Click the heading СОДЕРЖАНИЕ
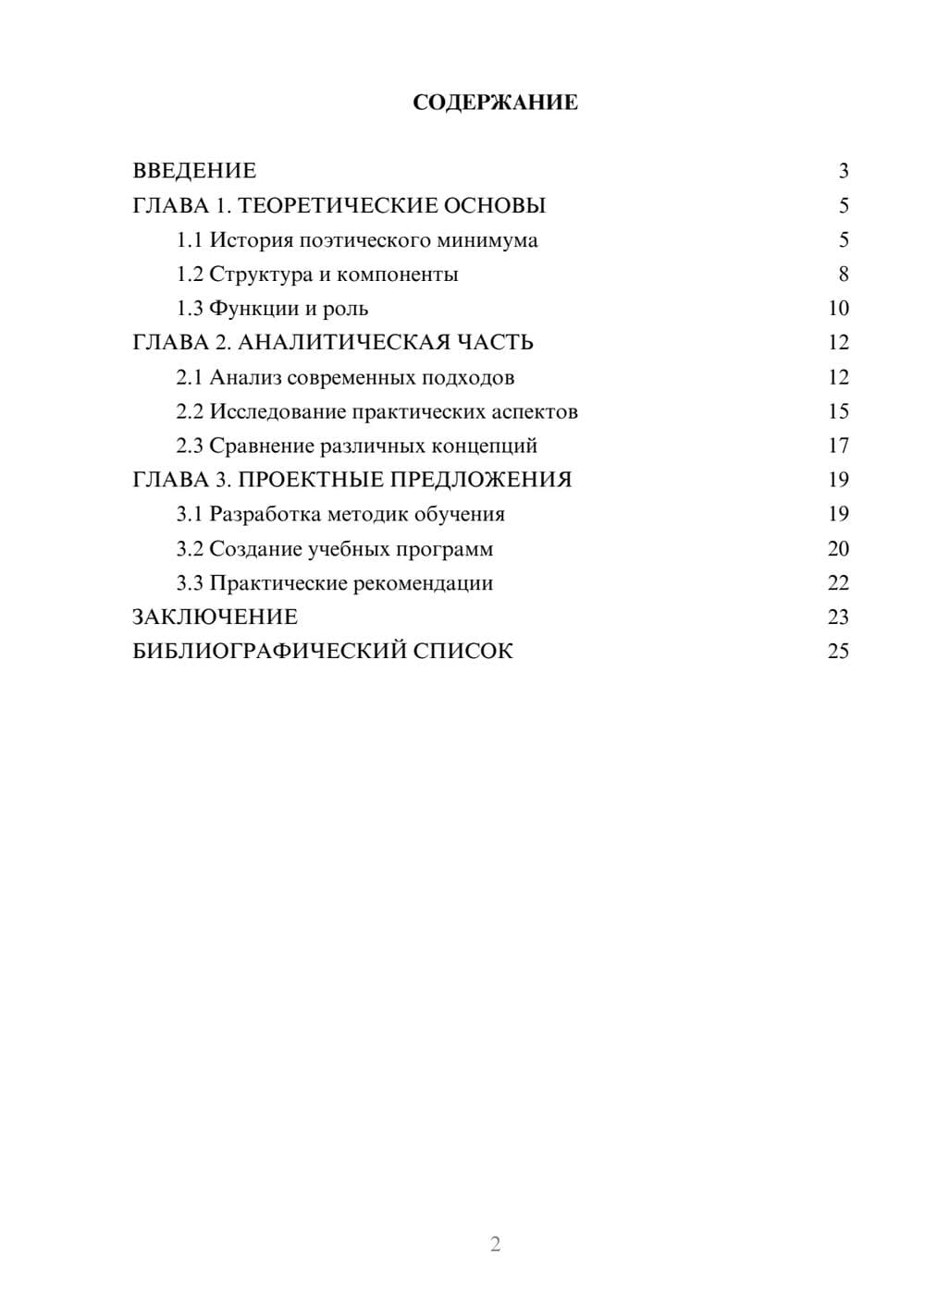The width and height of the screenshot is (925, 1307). click(495, 103)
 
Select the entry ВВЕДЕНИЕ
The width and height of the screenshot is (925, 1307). click(194, 171)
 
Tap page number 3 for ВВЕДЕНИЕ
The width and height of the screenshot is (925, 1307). click(843, 171)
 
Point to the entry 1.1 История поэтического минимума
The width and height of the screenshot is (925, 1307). click(357, 240)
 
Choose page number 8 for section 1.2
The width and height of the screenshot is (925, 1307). click(843, 275)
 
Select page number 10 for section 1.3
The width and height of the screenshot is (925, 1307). click(838, 309)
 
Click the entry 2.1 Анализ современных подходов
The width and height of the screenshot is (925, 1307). click(345, 377)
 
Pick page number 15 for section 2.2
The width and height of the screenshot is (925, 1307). click(838, 411)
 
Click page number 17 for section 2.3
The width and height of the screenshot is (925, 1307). click(838, 446)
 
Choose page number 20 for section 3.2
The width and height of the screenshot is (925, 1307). click(838, 549)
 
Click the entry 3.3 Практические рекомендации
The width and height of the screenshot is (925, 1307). click(335, 583)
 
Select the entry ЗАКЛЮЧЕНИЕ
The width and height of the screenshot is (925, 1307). click(215, 617)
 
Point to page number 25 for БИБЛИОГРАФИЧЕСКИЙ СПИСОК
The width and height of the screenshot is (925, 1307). click(838, 652)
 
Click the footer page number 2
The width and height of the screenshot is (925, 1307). click(495, 1244)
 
